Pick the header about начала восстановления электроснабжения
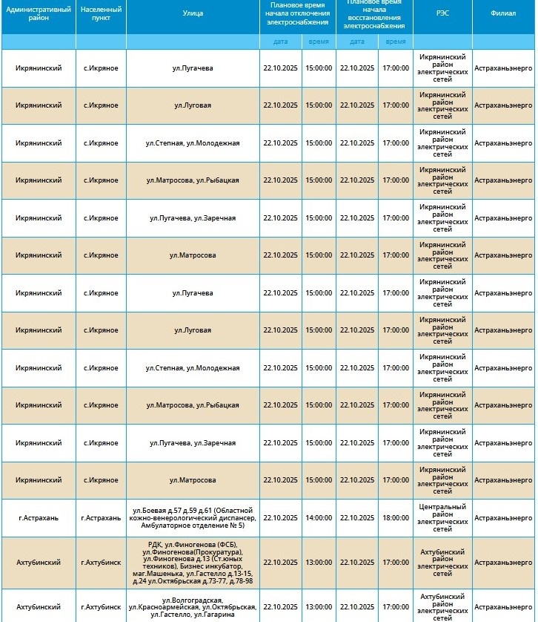pyautogui.click(x=374, y=15)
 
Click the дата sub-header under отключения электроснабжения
pyautogui.click(x=280, y=42)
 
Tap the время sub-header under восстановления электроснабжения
pyautogui.click(x=395, y=42)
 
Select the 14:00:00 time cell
pyautogui.click(x=319, y=518)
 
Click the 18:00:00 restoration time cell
pyautogui.click(x=395, y=518)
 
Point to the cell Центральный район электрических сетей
pyautogui.click(x=442, y=518)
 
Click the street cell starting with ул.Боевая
pyautogui.click(x=193, y=518)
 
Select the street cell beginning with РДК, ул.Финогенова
pyautogui.click(x=193, y=563)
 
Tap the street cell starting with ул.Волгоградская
pyautogui.click(x=193, y=606)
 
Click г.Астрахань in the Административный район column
pyautogui.click(x=38, y=518)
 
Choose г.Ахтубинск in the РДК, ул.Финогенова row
pyautogui.click(x=100, y=563)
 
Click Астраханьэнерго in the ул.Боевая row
pyautogui.click(x=503, y=518)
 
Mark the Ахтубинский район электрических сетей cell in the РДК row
pyautogui.click(x=442, y=563)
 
